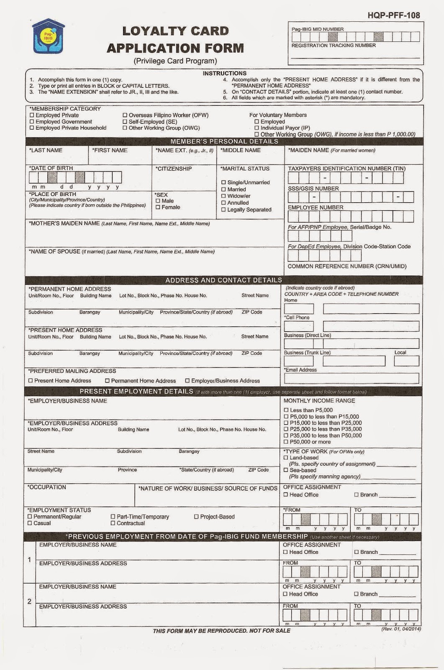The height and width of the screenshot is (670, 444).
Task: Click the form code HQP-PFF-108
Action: point(394,15)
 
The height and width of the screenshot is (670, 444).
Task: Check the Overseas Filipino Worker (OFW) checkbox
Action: point(125,115)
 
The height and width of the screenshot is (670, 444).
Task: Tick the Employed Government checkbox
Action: point(32,122)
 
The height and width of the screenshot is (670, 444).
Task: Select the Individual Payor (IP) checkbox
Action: point(257,128)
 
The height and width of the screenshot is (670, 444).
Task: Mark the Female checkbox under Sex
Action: point(158,207)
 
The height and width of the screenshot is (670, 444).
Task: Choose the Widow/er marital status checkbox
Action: point(223,196)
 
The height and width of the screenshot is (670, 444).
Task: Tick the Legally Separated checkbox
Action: point(223,210)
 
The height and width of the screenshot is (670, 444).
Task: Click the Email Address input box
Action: point(351,379)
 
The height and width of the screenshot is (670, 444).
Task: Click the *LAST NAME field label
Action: point(46,150)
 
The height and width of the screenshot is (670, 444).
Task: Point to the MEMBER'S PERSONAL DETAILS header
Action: point(224,142)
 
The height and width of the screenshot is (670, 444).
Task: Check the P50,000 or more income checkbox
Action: point(286,442)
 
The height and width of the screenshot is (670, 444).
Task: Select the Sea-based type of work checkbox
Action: point(286,470)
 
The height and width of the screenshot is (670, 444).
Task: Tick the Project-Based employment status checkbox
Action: point(196,517)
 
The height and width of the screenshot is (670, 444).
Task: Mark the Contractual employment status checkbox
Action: point(113,523)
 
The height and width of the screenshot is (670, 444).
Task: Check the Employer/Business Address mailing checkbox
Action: point(188,381)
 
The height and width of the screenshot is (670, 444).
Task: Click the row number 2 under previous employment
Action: point(29,602)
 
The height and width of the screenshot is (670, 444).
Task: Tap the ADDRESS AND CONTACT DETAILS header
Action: point(223,280)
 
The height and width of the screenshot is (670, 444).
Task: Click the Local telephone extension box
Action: point(406,361)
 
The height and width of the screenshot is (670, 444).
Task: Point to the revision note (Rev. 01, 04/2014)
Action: point(401,629)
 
